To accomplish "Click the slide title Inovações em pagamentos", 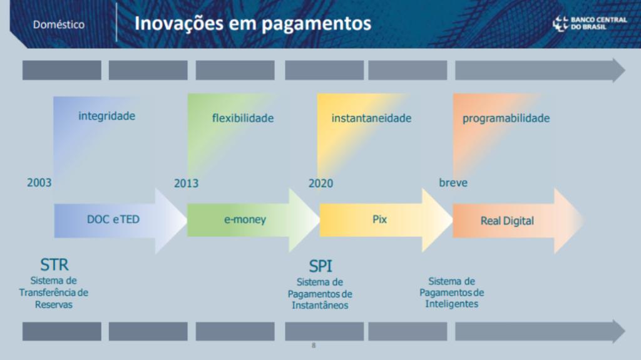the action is point(253,23).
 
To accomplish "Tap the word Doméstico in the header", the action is point(59,24).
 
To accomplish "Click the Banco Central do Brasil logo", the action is point(589,23).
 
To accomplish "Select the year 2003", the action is point(39,182).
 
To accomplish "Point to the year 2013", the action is point(187,183).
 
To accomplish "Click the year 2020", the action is point(321,183).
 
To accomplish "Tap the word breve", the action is point(453,182).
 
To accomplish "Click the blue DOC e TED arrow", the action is point(121,220).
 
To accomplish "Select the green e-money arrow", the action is point(254,220).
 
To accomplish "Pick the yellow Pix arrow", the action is point(386,220).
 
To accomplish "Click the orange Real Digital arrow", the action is point(518,221).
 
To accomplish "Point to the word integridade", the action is point(106,116).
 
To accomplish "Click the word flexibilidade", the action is point(243,118).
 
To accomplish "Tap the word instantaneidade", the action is point(371,118).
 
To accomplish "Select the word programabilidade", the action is point(506,118).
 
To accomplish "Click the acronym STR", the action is point(54,265).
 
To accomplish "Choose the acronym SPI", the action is point(320,266).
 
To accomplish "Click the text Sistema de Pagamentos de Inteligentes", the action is point(452,292).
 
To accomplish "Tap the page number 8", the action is point(314,345).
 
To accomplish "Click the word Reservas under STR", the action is point(54,305).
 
